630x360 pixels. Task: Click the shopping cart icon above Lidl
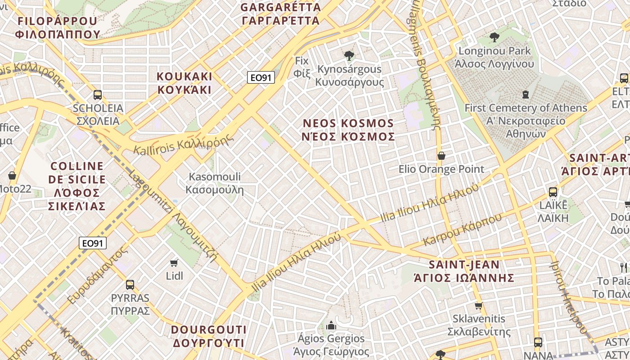(x=174, y=262)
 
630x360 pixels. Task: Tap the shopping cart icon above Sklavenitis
(x=478, y=306)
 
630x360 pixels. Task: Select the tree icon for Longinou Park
(x=495, y=37)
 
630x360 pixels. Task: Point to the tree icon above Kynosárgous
(x=349, y=56)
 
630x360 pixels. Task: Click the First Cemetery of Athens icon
(x=525, y=94)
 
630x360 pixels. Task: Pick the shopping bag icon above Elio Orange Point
(x=441, y=156)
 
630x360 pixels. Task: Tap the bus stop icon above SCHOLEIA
(x=98, y=95)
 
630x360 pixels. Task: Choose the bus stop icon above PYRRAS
(x=130, y=284)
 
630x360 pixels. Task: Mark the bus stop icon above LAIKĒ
(x=553, y=192)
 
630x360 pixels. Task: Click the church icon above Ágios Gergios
(x=331, y=325)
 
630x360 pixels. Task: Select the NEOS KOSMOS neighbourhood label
(x=349, y=130)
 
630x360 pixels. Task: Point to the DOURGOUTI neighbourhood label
(x=208, y=336)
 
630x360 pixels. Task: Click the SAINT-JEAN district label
(x=464, y=271)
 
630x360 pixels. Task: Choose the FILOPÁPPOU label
(x=57, y=27)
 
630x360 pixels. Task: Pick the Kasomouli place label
(x=215, y=183)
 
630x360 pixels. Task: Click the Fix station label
(x=302, y=66)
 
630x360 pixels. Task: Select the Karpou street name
(x=462, y=230)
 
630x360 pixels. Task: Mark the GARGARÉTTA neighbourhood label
(x=281, y=13)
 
